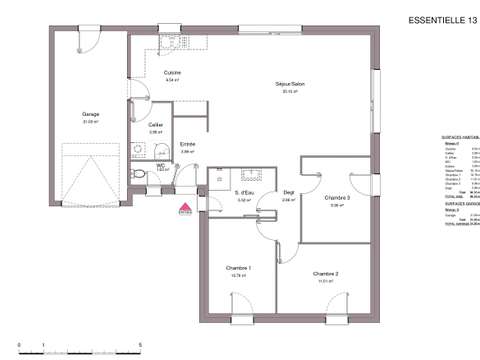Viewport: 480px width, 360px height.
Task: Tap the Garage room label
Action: coord(90,114)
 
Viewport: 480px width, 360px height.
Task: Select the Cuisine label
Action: coord(171,73)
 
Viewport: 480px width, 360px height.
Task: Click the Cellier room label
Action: coord(156,125)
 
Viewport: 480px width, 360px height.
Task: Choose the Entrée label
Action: coord(187,145)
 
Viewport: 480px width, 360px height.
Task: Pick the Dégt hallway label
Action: coord(288,192)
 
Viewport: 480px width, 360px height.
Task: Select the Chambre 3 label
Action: coord(337,198)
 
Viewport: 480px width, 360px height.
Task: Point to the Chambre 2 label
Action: coord(325,273)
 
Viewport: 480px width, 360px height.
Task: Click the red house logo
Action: coord(184,208)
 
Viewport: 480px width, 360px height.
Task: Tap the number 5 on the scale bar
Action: coord(139,343)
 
